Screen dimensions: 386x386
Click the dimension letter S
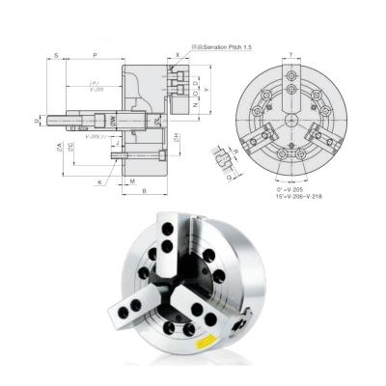(57, 56)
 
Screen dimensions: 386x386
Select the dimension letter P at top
(94, 56)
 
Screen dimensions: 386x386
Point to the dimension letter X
(179, 56)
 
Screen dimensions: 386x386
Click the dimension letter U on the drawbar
(36, 121)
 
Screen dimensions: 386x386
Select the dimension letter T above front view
(291, 56)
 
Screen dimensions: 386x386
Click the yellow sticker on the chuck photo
(207, 341)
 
